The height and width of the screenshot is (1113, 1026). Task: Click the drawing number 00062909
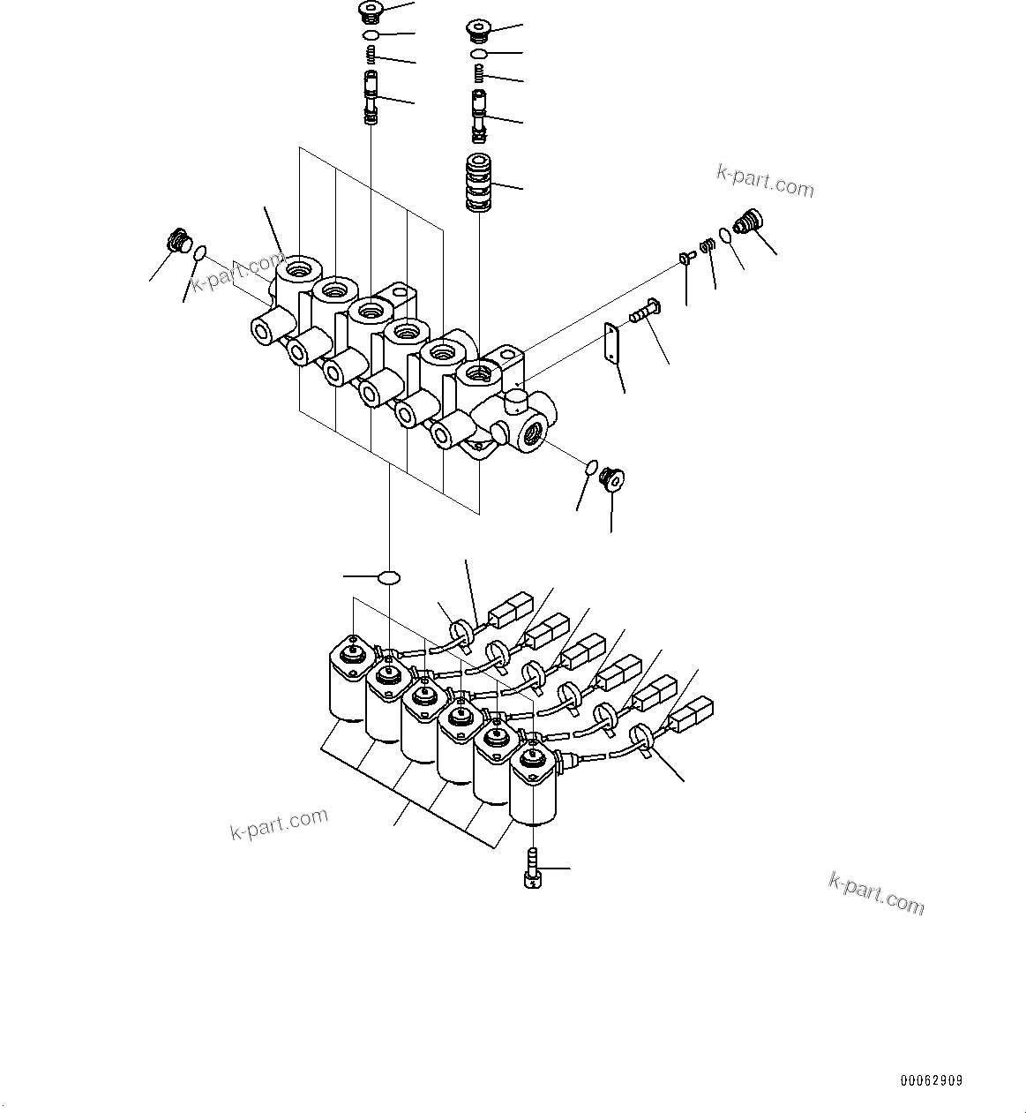[x=931, y=1080]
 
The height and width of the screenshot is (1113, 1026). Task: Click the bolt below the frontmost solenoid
[x=531, y=869]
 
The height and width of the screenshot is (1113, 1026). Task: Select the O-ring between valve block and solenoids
[x=388, y=577]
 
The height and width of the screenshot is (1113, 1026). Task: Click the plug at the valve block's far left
[x=178, y=240]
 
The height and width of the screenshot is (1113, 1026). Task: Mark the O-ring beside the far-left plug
[x=200, y=253]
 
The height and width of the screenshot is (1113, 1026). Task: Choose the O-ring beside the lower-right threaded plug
[x=591, y=465]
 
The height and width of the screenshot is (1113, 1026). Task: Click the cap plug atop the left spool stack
[x=371, y=12]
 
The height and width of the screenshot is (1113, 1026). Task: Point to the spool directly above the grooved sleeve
[x=479, y=115]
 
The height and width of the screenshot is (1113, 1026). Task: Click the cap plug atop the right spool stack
[x=478, y=32]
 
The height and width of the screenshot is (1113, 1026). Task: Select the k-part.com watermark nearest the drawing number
[x=876, y=892]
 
